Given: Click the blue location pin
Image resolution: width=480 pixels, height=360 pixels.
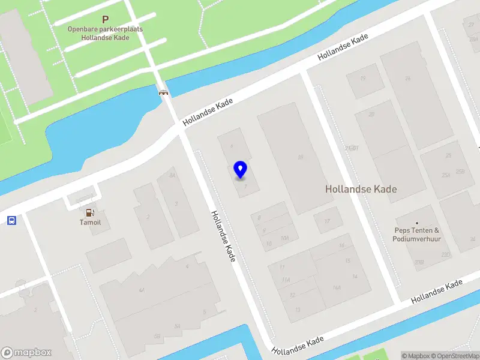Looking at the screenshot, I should click(x=240, y=169).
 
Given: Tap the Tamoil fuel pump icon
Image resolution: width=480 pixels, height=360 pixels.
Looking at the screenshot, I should click(x=89, y=212).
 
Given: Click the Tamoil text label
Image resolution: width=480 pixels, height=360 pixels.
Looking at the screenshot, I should click(x=90, y=222).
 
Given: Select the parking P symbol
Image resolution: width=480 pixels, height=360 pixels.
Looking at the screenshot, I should click(x=106, y=20).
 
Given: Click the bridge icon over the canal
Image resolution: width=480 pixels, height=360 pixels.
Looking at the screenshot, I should click(x=163, y=92).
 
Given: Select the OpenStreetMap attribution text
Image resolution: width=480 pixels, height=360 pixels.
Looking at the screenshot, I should click(x=455, y=356).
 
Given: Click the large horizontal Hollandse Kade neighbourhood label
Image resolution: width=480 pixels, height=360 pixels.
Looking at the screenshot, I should click(x=361, y=189).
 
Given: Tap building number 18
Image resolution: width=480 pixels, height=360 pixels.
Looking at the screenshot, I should click(x=300, y=157).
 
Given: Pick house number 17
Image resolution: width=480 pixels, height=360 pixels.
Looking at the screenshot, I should click(x=327, y=221).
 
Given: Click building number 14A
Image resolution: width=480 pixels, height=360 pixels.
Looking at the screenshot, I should click(x=337, y=288).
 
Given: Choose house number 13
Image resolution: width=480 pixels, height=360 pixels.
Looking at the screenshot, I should click(x=298, y=310).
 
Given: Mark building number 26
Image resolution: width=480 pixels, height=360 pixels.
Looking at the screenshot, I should click(x=407, y=78).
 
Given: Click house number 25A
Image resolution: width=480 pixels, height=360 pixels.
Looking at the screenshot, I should click(x=446, y=175).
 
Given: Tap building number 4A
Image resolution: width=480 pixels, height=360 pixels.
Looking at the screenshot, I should click(x=142, y=290).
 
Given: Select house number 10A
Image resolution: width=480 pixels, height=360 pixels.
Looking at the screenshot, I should click(x=284, y=238).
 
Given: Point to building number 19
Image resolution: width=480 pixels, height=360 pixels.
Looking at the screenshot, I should click(x=362, y=79).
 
